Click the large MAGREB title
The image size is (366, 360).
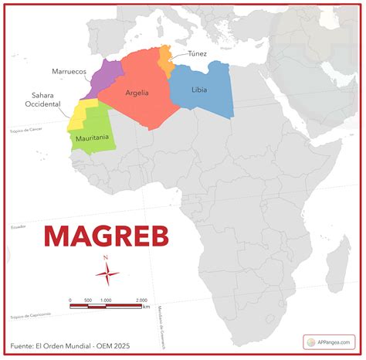click(x=106, y=235)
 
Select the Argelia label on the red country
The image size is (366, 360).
click(x=134, y=93)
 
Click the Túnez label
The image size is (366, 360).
click(x=197, y=53)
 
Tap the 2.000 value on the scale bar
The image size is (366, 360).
click(x=142, y=300)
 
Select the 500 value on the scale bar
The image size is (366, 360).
click(x=88, y=300)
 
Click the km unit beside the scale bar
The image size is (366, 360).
click(x=147, y=307)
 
